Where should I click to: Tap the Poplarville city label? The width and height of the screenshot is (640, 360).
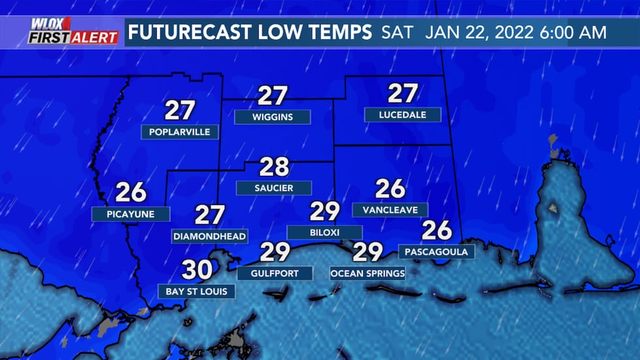[180, 132]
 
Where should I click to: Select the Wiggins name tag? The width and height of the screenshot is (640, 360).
[272, 118]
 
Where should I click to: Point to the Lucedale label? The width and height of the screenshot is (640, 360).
[403, 115]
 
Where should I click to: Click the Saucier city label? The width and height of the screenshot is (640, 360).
[274, 188]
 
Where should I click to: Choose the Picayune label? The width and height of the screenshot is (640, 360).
[131, 214]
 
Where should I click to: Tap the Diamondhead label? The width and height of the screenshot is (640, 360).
[210, 236]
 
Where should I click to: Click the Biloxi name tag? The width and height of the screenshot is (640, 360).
[325, 232]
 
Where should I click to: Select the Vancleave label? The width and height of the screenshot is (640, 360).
[390, 210]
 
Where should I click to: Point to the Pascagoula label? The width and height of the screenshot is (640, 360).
[436, 251]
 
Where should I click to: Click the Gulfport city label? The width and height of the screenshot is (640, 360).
[274, 272]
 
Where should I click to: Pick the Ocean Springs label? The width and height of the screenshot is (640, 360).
[368, 272]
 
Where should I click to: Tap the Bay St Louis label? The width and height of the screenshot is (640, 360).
[197, 291]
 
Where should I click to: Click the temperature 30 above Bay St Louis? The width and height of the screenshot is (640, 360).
[197, 270]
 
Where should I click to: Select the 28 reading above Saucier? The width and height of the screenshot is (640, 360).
[274, 167]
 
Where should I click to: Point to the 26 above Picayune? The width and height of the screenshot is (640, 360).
[131, 192]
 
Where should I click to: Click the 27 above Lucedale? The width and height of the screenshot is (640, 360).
[403, 93]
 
